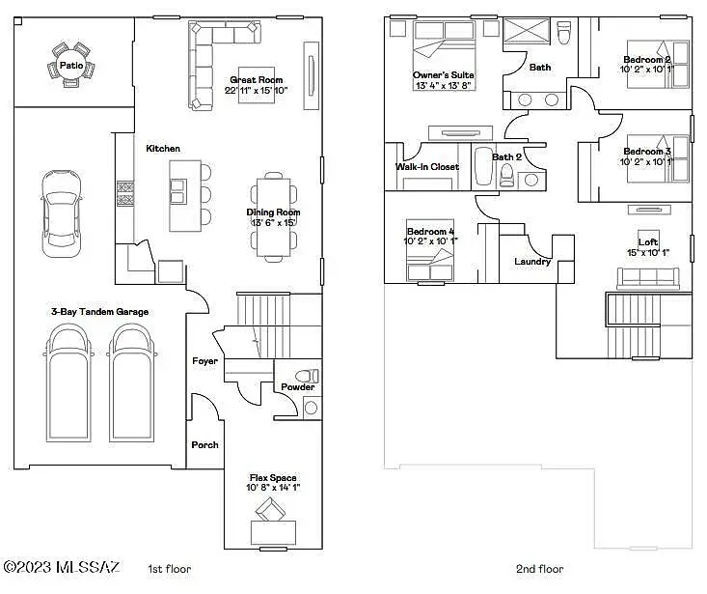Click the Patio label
pos(71,66)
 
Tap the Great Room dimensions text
pos(257,90)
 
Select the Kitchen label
pos(163,149)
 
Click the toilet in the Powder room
pos(307,376)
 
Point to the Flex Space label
pos(273,477)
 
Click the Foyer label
pos(204,361)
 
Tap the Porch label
pos(204,445)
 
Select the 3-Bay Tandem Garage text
pos(99,312)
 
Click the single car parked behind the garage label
pos(62,213)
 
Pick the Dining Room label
pos(273,212)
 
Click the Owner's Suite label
pos(444,75)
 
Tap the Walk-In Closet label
pos(427,167)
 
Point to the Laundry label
pos(532,262)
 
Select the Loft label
pos(648,242)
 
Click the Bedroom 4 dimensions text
pos(430,241)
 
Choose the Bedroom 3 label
pos(647,152)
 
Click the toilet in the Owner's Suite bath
pos(563,33)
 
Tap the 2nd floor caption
pos(540,569)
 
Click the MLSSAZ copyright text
pos(62,567)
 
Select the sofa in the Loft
pos(648,278)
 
